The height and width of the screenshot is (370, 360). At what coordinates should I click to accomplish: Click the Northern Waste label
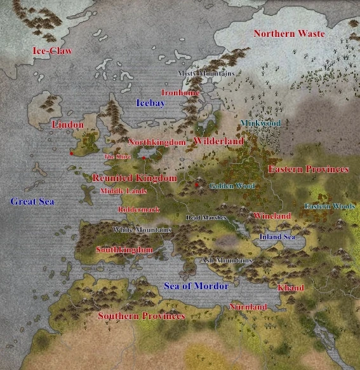[x=289, y=33]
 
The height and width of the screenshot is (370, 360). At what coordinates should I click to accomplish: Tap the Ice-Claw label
[x=52, y=50]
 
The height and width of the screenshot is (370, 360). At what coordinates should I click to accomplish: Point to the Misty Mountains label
[x=206, y=73]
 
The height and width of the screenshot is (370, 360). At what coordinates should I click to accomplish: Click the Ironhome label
[x=180, y=92]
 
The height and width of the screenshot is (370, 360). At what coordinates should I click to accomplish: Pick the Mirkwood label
[x=260, y=122]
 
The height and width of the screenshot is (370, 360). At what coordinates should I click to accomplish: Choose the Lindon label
[x=67, y=125]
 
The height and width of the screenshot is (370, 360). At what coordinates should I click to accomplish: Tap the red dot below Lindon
[x=72, y=153]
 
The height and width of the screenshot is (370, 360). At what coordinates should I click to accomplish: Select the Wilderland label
[x=218, y=141]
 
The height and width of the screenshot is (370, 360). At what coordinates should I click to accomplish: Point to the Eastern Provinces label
[x=308, y=170]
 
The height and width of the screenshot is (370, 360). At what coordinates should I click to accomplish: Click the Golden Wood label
[x=232, y=186]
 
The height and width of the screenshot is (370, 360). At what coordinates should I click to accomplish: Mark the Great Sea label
[x=32, y=202]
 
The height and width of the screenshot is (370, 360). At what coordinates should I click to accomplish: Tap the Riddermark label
[x=138, y=209]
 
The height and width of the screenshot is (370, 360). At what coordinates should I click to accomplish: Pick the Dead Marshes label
[x=206, y=217]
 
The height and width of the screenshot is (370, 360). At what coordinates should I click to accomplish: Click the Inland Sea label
[x=277, y=236]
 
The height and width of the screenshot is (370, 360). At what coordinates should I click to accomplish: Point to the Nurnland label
[x=248, y=307]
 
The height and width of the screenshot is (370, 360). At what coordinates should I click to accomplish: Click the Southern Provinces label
[x=141, y=316]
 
